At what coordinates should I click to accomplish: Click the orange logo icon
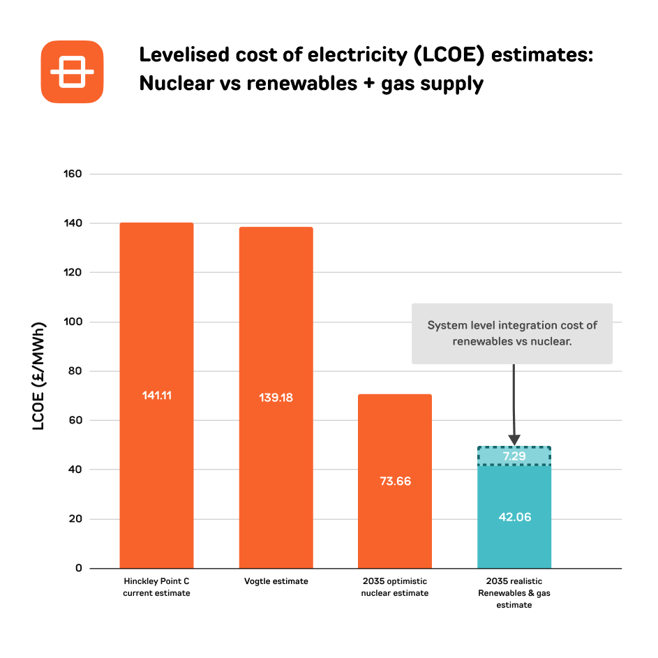tap(72, 72)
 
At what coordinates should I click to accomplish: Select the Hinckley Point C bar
tap(156, 396)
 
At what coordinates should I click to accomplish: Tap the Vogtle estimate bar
tap(276, 398)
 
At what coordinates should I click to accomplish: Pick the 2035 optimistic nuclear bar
tap(395, 481)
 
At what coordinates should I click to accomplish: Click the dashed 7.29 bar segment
tap(514, 456)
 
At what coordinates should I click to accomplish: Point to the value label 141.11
tap(156, 396)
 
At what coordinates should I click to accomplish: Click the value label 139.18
tap(276, 398)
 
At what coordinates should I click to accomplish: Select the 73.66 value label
tap(396, 481)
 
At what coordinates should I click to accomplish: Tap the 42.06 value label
tap(515, 517)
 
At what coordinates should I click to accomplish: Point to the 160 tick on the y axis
tap(73, 174)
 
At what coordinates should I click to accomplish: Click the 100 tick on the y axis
tap(73, 322)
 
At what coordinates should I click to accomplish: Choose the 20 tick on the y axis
tap(75, 519)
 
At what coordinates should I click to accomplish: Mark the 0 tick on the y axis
tap(79, 568)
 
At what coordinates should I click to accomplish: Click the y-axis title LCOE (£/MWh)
tap(38, 376)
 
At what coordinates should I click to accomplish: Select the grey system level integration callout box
tap(512, 334)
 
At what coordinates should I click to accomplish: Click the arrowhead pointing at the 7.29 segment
tap(514, 440)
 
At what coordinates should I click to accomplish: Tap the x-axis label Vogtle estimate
tap(276, 581)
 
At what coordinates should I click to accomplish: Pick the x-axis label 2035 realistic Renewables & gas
tap(514, 593)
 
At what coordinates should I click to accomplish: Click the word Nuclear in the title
tap(177, 83)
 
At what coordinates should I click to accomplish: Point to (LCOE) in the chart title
tap(449, 55)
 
